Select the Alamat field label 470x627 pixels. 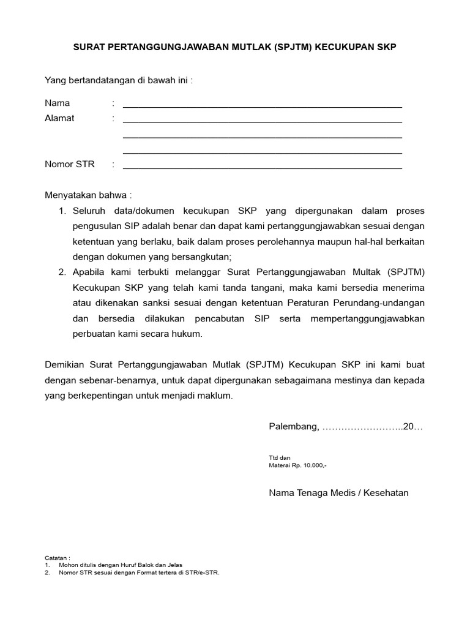click(x=59, y=118)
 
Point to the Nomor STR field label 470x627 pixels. click(x=70, y=164)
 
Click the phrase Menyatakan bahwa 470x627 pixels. click(x=88, y=195)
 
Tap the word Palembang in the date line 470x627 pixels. click(x=293, y=426)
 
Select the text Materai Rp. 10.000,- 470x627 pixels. click(x=298, y=465)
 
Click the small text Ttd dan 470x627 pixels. click(x=280, y=457)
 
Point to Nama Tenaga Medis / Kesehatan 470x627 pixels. click(x=338, y=492)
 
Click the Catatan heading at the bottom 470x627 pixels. click(x=58, y=558)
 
